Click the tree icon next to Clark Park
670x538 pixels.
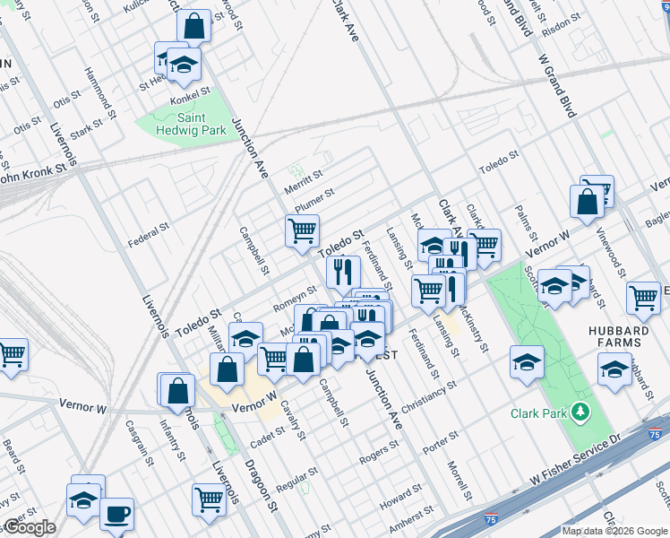(583, 412)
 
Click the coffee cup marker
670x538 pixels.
(116, 515)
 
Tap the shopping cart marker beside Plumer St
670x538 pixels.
(303, 231)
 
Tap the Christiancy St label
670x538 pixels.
(430, 394)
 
